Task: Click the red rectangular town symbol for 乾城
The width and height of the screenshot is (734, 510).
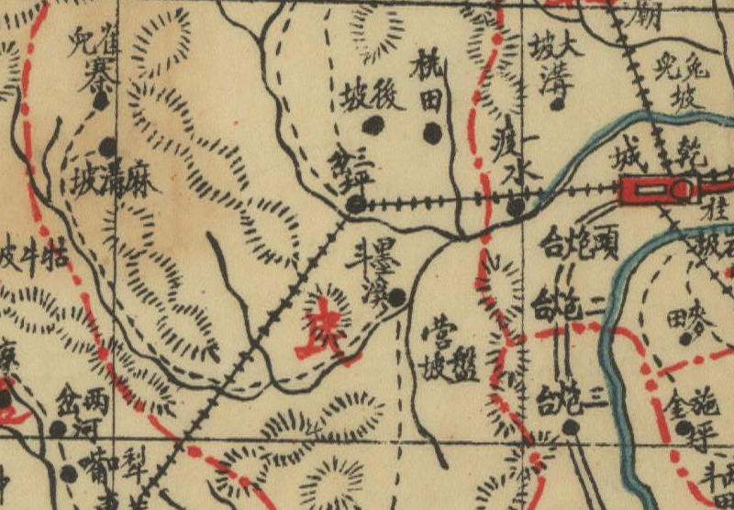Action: pyautogui.click(x=657, y=190)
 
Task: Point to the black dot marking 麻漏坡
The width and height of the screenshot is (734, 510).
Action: pyautogui.click(x=108, y=146)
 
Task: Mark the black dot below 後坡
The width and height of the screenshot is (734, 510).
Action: pyautogui.click(x=373, y=125)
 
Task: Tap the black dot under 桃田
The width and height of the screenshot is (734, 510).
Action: pyautogui.click(x=431, y=134)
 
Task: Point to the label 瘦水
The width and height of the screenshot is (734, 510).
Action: pyautogui.click(x=514, y=156)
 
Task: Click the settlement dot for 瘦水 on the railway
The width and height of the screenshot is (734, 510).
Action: pyautogui.click(x=516, y=207)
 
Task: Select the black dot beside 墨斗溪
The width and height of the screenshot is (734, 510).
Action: pyautogui.click(x=396, y=297)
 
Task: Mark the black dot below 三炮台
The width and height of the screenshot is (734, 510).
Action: pyautogui.click(x=570, y=427)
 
